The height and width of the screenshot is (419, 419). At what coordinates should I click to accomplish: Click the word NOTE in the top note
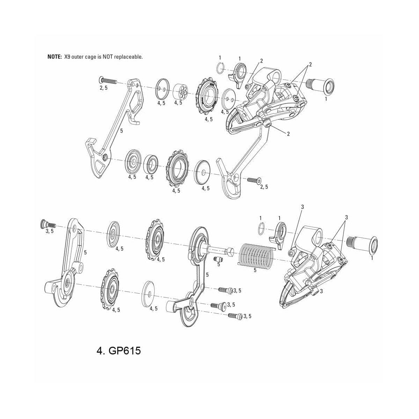coord(54,57)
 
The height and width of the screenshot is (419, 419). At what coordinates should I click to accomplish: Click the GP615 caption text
coord(118,351)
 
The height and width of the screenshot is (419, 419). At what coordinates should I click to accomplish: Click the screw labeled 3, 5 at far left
coord(47,224)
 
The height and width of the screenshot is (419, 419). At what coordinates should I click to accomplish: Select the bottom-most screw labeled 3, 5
coord(234,316)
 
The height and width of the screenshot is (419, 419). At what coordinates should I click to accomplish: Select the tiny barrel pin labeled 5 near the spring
coord(218,259)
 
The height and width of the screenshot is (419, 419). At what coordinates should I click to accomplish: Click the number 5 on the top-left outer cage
coord(121,131)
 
